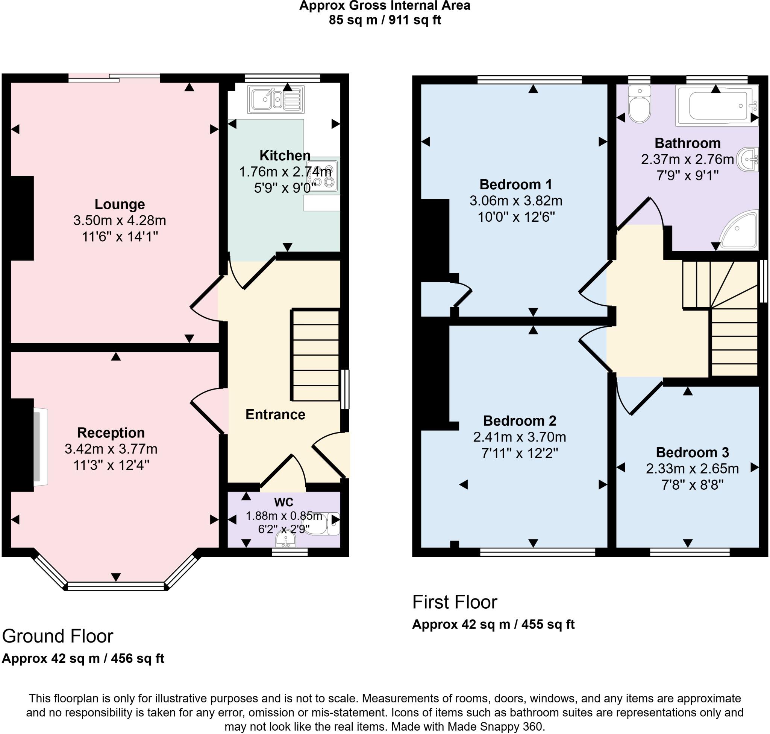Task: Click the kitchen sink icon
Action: pyautogui.click(x=276, y=99)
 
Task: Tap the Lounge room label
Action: pyautogui.click(x=120, y=204)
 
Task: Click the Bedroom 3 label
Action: pyautogui.click(x=692, y=452)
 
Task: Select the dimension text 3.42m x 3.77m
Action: pyautogui.click(x=111, y=449)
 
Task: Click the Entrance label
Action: pyautogui.click(x=275, y=414)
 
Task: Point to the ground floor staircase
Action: pyautogui.click(x=315, y=355)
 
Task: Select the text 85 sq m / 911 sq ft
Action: pyautogui.click(x=385, y=20)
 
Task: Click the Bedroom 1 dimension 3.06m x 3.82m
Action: pyautogui.click(x=515, y=201)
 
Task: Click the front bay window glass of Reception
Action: pyautogui.click(x=116, y=586)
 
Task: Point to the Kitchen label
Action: pyautogui.click(x=285, y=155)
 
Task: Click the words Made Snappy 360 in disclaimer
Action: pyautogui.click(x=495, y=726)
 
